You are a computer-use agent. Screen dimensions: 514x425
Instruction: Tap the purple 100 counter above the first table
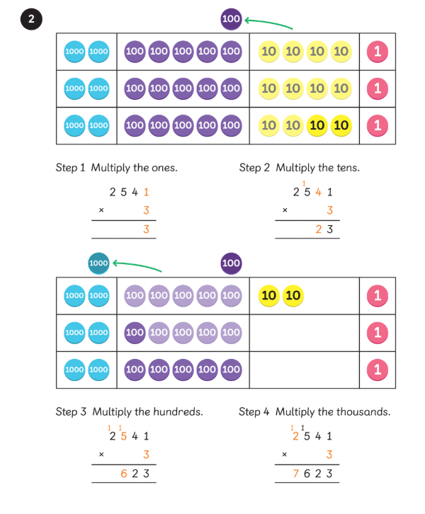232,19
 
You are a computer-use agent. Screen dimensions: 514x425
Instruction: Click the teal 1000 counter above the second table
98,263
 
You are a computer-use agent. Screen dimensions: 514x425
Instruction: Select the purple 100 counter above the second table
232,263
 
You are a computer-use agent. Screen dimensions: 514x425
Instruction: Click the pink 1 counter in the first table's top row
377,51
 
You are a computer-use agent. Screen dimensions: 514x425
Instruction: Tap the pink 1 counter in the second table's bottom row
377,370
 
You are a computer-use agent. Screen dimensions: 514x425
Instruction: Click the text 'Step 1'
70,168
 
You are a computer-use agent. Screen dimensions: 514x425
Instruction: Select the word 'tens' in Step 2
346,168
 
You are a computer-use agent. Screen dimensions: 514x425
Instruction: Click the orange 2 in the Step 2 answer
319,229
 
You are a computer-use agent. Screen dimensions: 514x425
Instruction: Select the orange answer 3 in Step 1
147,229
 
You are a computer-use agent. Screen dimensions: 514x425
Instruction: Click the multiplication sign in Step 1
101,210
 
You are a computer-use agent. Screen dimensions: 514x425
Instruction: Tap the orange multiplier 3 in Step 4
329,455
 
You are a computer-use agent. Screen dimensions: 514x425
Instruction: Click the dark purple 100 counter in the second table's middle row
135,332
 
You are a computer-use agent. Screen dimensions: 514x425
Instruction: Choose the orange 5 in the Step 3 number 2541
123,436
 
